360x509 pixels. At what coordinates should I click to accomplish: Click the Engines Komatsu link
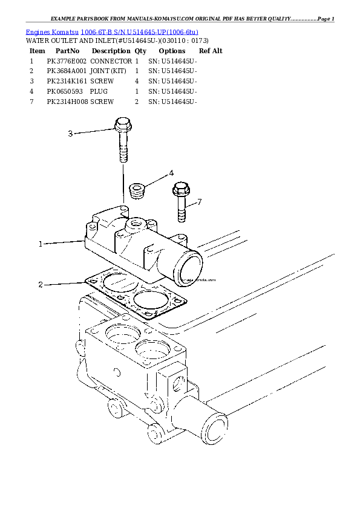click(x=52, y=31)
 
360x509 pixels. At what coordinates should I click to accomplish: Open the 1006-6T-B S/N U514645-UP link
click(x=139, y=31)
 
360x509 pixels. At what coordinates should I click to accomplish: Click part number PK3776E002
click(x=67, y=62)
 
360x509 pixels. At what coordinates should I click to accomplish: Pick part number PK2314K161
click(x=67, y=81)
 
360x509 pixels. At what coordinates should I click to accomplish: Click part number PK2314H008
click(x=67, y=102)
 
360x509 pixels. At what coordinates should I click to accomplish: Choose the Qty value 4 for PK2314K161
click(x=137, y=81)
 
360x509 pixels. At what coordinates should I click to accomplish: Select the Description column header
click(x=107, y=51)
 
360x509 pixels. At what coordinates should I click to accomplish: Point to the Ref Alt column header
click(x=211, y=51)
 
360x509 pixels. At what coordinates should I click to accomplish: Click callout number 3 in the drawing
click(x=70, y=134)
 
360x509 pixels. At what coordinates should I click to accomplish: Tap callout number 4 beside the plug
click(x=171, y=173)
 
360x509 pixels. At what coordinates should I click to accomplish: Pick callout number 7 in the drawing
click(x=199, y=201)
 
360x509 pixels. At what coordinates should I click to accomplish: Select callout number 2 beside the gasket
click(x=41, y=285)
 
